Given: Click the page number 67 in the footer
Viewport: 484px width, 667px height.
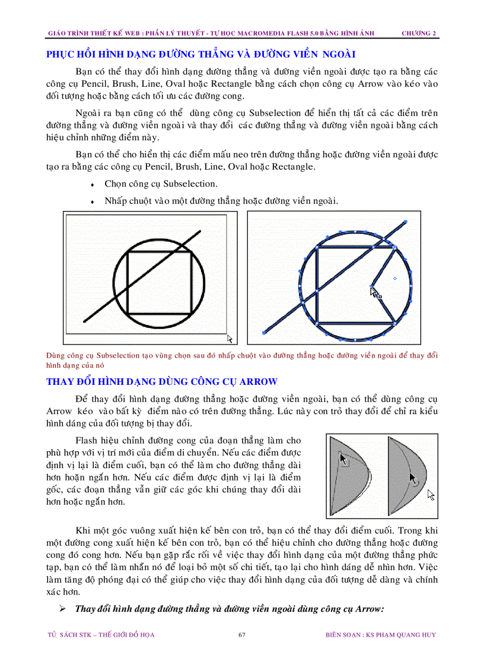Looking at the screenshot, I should (x=241, y=635).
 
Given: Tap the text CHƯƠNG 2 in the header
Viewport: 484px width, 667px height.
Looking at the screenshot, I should (x=419, y=33).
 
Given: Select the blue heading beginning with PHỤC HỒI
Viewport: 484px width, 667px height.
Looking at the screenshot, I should (x=200, y=55).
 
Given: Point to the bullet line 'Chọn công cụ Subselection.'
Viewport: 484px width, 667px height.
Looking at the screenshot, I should (x=161, y=184).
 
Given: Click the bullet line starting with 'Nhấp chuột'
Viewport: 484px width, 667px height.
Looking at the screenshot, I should (x=221, y=201).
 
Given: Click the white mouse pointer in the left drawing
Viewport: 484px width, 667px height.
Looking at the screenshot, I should (x=230, y=339).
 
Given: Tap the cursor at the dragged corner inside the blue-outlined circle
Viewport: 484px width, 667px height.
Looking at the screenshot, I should (x=374, y=292).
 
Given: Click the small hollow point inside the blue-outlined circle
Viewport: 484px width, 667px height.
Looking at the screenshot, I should (x=395, y=278).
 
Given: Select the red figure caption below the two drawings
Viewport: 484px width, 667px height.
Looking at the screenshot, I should (x=242, y=361).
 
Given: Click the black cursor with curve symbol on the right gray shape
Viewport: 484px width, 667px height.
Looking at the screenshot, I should (x=413, y=479).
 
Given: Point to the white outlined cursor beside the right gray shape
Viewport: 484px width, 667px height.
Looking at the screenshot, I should (x=431, y=495).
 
